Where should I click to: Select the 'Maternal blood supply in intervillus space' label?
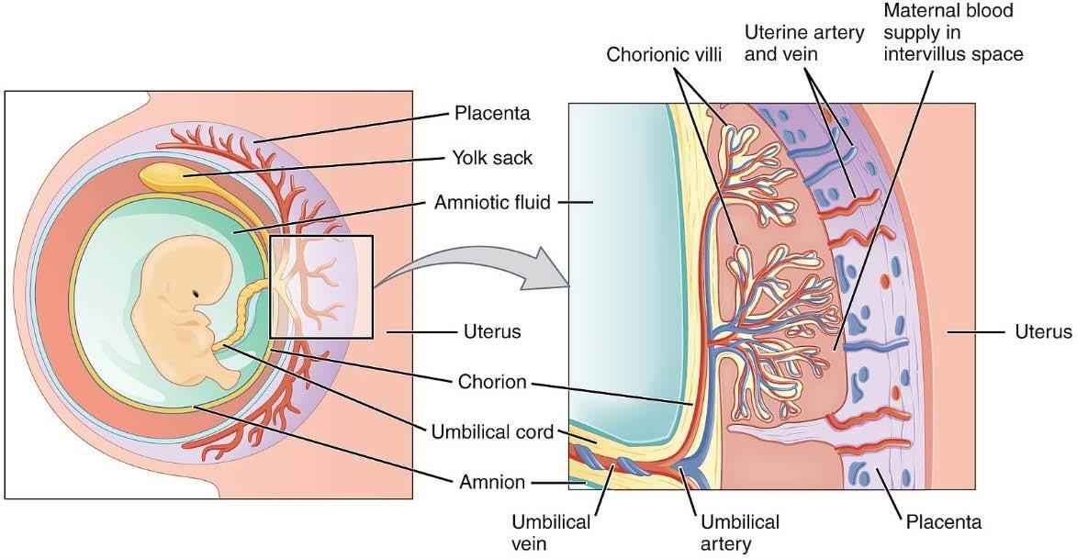click(952, 34)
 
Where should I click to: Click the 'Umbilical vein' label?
click(551, 532)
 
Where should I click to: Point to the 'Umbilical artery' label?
click(739, 532)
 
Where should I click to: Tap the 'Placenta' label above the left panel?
click(493, 114)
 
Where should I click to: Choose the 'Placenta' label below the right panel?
click(943, 522)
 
